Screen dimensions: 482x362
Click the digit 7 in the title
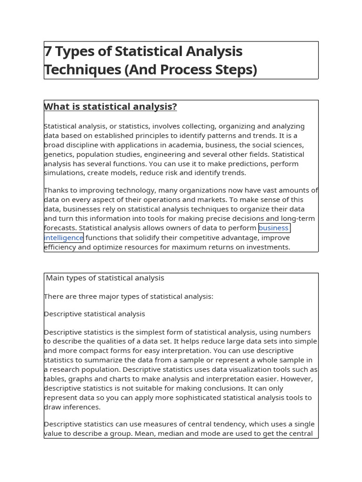click(x=48, y=51)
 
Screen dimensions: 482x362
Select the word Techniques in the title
click(x=82, y=70)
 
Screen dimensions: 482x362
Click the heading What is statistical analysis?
click(x=110, y=107)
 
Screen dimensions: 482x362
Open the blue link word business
click(x=273, y=228)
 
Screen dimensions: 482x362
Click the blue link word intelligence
click(x=64, y=238)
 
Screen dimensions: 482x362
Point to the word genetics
click(x=58, y=154)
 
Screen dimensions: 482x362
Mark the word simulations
click(x=64, y=173)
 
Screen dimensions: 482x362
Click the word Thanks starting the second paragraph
click(x=55, y=190)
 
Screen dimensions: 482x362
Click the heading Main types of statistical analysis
click(x=105, y=278)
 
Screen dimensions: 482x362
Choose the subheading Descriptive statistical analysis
click(x=94, y=314)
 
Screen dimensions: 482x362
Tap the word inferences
click(x=81, y=407)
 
